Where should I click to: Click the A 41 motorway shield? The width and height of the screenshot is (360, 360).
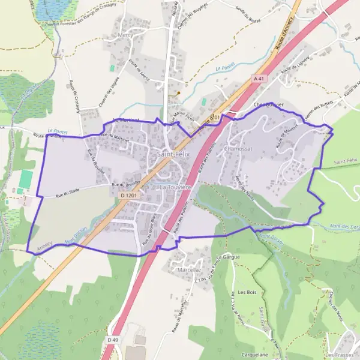(x=259, y=79)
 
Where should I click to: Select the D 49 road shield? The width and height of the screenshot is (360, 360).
(x=110, y=340)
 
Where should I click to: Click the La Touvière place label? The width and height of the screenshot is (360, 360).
(x=175, y=187)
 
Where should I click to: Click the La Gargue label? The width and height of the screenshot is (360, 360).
(x=228, y=256)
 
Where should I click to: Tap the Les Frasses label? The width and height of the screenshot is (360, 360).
(x=340, y=355)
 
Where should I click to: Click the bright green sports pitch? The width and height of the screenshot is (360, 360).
(x=26, y=178)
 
